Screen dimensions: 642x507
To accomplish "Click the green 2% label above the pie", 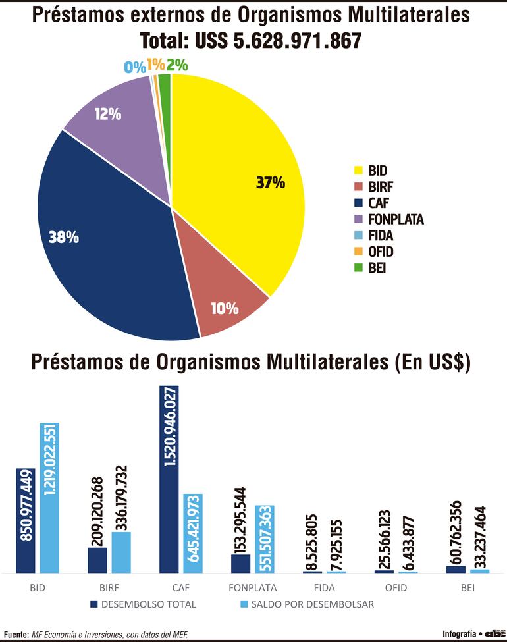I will click(x=177, y=65).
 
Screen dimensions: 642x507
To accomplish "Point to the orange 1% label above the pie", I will click(x=155, y=65).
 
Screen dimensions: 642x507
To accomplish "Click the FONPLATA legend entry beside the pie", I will click(x=395, y=219).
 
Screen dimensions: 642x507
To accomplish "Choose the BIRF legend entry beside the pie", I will click(x=381, y=187).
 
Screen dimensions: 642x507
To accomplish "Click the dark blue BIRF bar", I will click(x=97, y=560).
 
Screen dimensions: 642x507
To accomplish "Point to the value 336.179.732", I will click(x=121, y=497).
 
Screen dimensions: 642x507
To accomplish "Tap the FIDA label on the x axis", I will click(x=313, y=586).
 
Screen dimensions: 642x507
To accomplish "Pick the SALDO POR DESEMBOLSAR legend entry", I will click(x=309, y=603).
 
